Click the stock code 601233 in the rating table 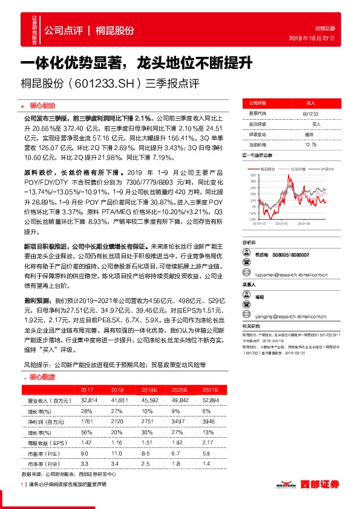[309, 113]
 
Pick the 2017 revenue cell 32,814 [89, 400]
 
